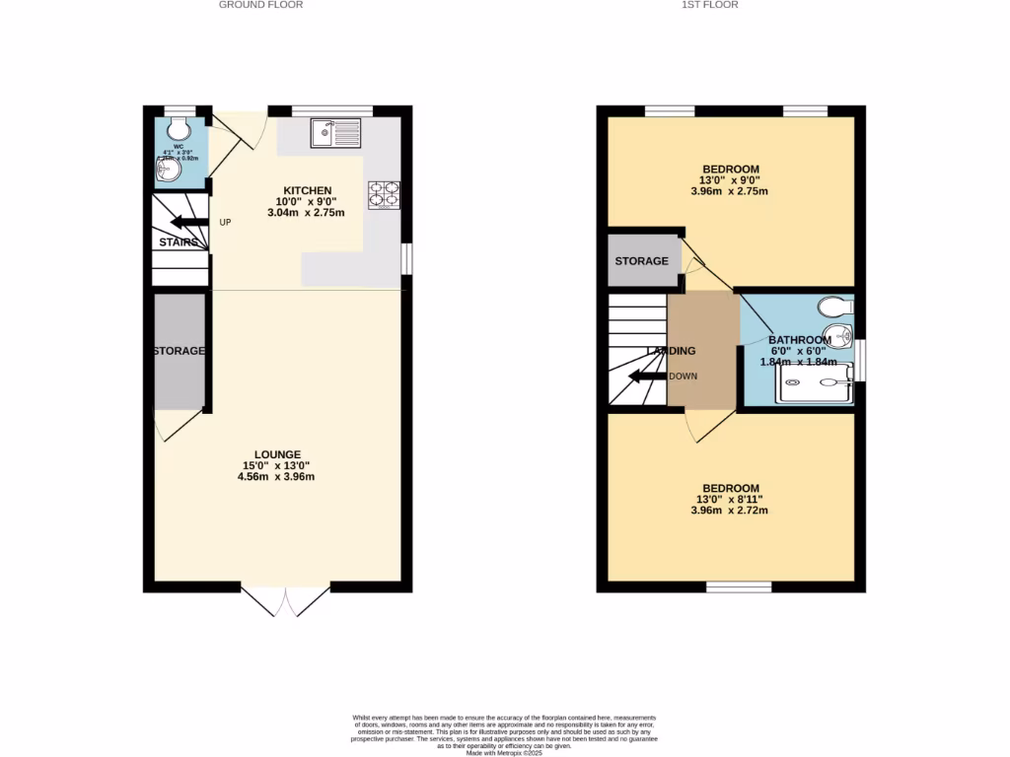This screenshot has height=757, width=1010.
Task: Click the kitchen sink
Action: click(336, 132)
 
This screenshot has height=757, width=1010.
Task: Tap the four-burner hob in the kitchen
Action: click(384, 195)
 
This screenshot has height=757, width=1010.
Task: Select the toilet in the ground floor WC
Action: click(179, 128)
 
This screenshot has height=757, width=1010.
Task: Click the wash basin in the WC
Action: click(165, 172)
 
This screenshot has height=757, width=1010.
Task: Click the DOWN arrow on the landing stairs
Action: click(647, 377)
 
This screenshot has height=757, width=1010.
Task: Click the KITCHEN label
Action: click(308, 190)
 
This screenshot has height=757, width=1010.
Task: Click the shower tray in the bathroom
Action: click(815, 384)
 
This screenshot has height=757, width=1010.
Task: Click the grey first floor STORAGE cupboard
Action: click(641, 261)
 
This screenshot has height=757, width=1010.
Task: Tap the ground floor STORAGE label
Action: click(179, 351)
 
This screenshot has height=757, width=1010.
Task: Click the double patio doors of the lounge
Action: click(285, 600)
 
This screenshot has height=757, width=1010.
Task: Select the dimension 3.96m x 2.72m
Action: click(731, 511)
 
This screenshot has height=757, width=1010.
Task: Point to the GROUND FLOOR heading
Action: click(260, 5)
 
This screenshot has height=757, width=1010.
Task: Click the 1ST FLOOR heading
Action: click(709, 5)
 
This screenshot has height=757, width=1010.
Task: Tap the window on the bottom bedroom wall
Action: click(739, 587)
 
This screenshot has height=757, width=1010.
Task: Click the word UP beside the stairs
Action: click(225, 222)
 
